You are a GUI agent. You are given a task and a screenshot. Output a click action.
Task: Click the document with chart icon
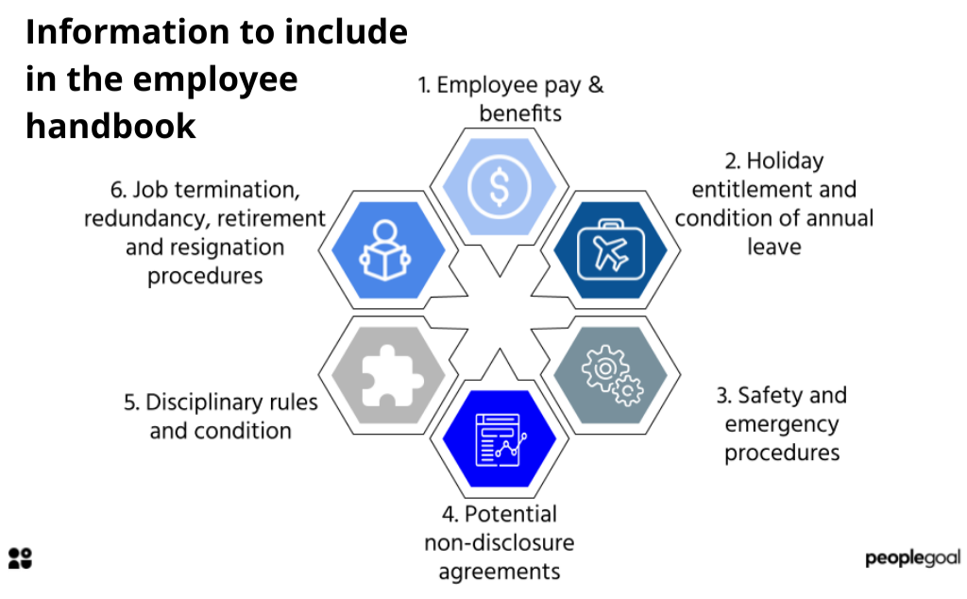click(x=500, y=437)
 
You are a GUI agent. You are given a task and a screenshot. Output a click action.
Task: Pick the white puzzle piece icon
click(x=388, y=375)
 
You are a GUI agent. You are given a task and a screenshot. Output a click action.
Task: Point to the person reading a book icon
click(x=388, y=250)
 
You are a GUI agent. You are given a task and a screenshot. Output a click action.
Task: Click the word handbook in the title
click(x=111, y=126)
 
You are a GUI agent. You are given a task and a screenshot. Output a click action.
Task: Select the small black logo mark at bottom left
click(x=20, y=557)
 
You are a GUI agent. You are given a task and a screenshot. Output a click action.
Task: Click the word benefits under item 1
click(x=520, y=113)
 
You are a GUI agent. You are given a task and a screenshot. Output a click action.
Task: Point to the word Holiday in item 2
click(x=785, y=161)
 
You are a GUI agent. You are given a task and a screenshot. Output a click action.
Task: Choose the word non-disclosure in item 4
click(x=499, y=542)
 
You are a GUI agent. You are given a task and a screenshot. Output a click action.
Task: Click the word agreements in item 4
click(x=499, y=571)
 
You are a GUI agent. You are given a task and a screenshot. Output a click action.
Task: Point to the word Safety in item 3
click(x=768, y=395)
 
